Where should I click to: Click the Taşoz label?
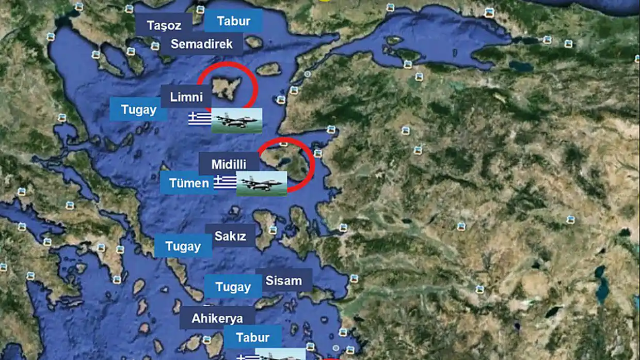(x=164, y=25)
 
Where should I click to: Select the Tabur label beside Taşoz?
(x=233, y=21)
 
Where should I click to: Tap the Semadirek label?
(x=201, y=44)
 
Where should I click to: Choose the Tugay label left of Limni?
(x=138, y=109)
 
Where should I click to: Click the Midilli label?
(x=229, y=164)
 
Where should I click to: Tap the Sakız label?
(x=230, y=236)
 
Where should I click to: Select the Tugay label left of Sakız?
(x=183, y=246)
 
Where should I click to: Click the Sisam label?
(x=283, y=280)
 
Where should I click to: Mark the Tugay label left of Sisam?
(x=233, y=287)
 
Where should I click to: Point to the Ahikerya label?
(x=217, y=318)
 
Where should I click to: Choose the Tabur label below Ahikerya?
(x=252, y=337)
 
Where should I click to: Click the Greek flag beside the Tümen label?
(x=225, y=182)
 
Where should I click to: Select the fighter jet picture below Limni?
(x=237, y=120)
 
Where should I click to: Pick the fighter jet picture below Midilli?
(x=261, y=183)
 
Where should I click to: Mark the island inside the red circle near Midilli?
(x=289, y=161)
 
